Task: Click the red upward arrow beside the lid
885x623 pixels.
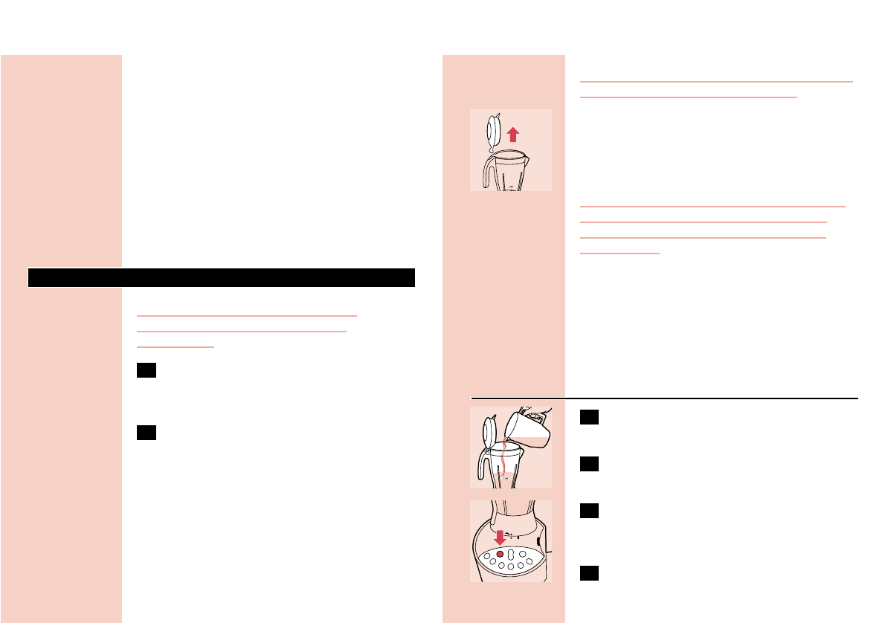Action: click(512, 134)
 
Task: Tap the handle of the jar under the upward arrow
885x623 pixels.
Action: click(482, 172)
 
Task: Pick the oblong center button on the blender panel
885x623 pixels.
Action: click(511, 555)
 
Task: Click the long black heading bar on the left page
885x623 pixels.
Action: click(221, 277)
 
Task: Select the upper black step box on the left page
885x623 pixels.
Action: click(147, 372)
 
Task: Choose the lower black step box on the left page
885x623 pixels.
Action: click(147, 433)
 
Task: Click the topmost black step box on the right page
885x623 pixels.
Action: click(589, 418)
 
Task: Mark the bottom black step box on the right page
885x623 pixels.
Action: click(589, 572)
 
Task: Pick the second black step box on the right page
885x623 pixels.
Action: click(589, 465)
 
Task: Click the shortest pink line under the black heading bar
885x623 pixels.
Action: click(176, 346)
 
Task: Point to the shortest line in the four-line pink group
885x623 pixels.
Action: click(619, 253)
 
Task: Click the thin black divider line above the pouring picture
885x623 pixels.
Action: click(664, 396)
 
